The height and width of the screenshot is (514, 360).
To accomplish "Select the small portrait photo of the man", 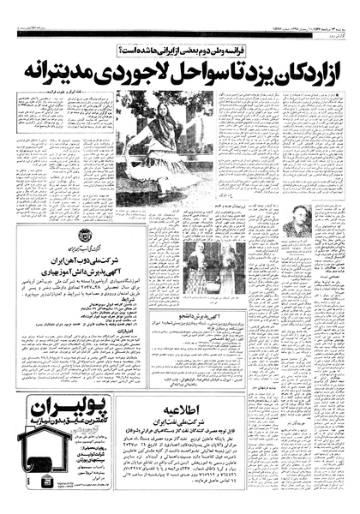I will coord(299,220).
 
